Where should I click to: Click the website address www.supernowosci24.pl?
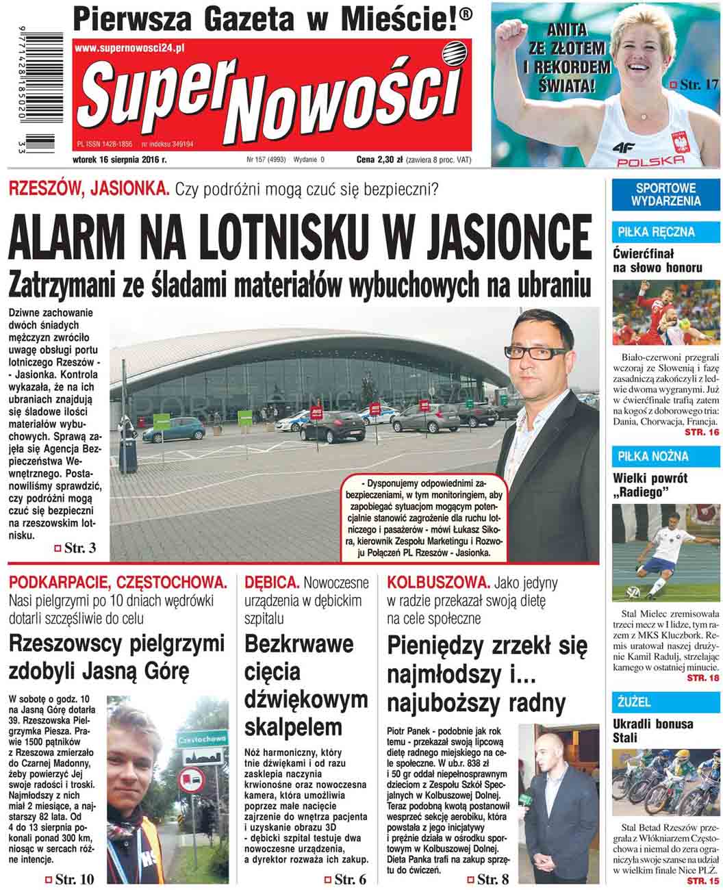(130, 49)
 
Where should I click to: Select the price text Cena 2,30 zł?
(379, 160)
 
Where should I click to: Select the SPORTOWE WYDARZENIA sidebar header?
(667, 194)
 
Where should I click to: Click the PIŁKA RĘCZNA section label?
(646, 232)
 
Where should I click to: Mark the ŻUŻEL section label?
(634, 702)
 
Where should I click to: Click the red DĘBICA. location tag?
(272, 583)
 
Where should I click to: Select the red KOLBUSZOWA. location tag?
(438, 583)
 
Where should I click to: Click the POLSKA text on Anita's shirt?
(650, 160)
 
